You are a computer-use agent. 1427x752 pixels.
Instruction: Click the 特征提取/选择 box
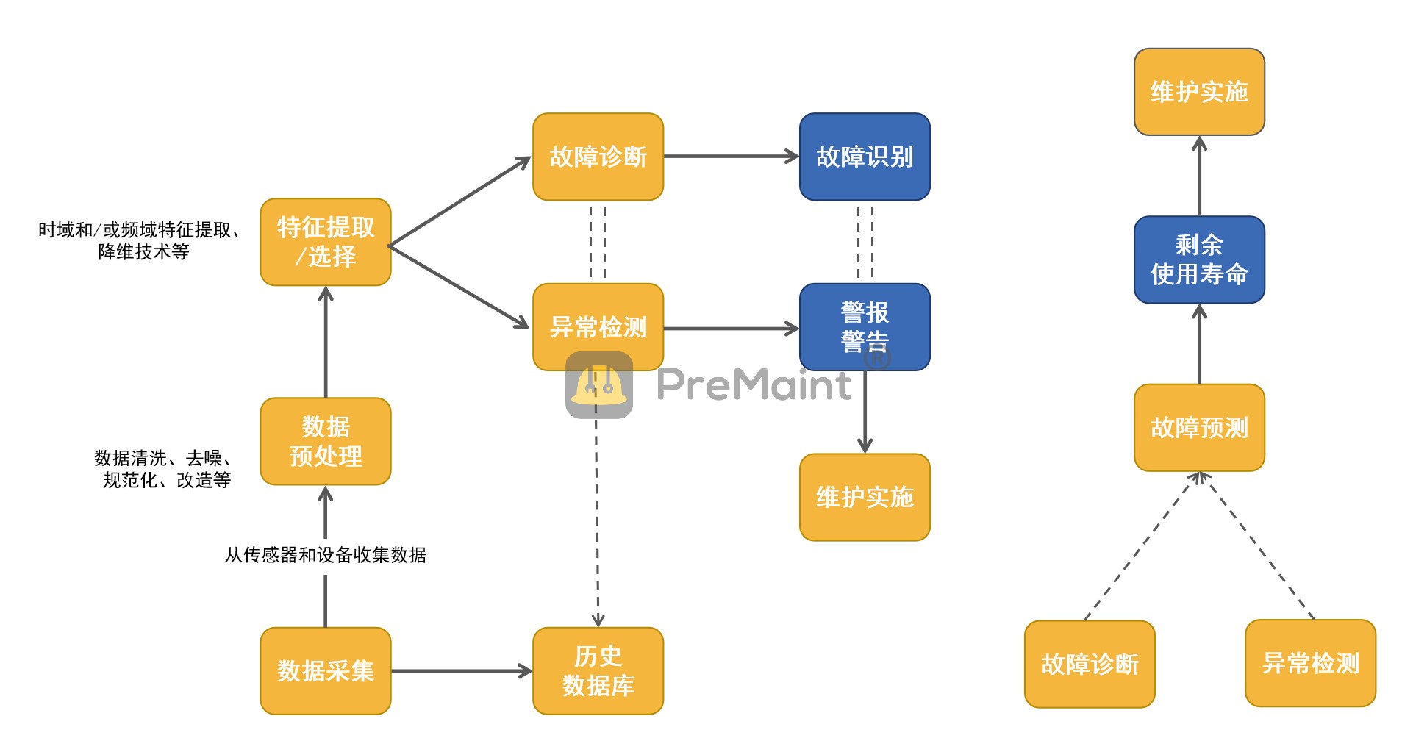coord(326,242)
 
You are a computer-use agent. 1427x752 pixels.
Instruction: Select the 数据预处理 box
coord(326,441)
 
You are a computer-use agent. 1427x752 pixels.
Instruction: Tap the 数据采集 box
coord(326,670)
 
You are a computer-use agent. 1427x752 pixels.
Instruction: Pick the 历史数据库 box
coord(598,670)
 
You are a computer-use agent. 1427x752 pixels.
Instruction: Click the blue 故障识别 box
coord(865,157)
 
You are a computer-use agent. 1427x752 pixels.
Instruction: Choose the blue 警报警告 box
coord(865,326)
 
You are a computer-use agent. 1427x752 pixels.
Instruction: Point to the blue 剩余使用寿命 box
coord(1199,259)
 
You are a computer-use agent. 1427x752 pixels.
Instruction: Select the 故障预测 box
coord(1199,427)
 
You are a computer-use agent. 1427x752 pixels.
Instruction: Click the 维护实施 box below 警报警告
coord(865,497)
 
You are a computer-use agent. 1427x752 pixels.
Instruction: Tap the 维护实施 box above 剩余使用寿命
coord(1199,92)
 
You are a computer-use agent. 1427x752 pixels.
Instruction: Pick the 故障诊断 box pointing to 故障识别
coord(598,157)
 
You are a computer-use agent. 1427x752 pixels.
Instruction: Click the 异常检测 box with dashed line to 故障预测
coord(1310,663)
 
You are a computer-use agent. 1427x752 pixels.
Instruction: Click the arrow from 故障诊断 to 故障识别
coord(731,157)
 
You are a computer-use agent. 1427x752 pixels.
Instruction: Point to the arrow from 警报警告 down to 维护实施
coord(865,412)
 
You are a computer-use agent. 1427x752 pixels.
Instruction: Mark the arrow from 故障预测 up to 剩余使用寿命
coord(1199,343)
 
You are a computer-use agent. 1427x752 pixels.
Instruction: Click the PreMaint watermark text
coord(754,384)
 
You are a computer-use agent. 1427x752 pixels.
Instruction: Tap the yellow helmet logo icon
coord(599,384)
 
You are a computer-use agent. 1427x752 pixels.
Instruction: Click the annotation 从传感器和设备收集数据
coord(326,555)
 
